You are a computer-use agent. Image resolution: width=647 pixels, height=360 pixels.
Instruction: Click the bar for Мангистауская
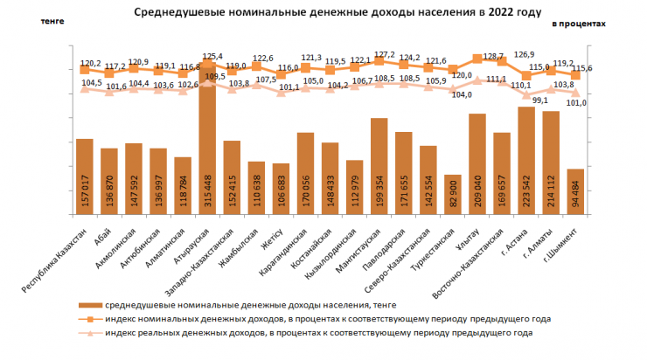pos(379,166)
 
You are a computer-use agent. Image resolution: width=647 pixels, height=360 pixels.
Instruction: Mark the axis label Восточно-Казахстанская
pos(473,254)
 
